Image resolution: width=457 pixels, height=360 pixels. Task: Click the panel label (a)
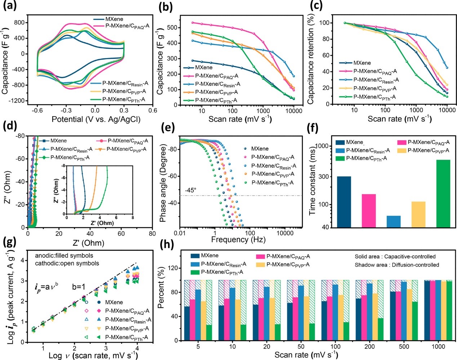pos(10,6)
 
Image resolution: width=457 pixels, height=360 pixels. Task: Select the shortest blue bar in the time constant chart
pos(393,221)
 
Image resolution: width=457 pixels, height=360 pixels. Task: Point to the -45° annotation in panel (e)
pos(191,190)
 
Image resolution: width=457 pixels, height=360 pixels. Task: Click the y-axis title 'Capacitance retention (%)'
pos(310,59)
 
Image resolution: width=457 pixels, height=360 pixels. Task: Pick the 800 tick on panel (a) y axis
pos(19,22)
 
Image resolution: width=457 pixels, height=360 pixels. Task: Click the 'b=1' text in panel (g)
pos(79,287)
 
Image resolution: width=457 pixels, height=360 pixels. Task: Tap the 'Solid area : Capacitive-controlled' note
pos(395,256)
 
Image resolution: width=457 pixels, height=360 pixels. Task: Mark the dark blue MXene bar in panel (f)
pos(344,202)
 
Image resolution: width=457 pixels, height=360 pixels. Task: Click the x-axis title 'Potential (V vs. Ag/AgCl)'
pos(96,119)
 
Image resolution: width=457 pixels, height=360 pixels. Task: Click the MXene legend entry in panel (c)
pos(362,63)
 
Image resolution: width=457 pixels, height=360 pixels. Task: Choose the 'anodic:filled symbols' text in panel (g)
pos(64,256)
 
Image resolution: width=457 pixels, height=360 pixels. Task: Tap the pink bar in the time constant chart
pos(368,211)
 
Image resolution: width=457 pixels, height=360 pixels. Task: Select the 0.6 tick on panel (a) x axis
pos(153,110)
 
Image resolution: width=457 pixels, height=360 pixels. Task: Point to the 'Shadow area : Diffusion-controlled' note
pos(397,265)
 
